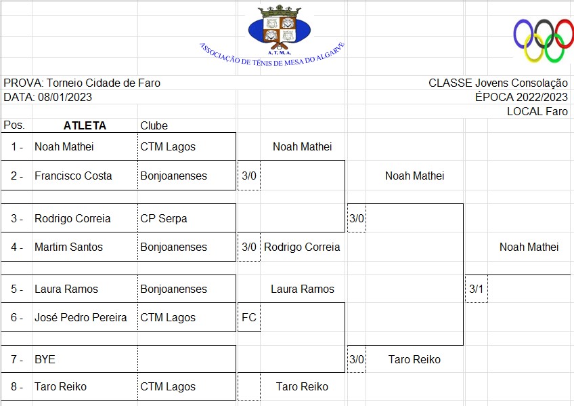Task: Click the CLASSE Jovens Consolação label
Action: (498, 83)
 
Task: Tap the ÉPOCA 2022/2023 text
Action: (521, 97)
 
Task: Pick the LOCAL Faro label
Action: (537, 111)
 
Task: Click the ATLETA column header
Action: (85, 125)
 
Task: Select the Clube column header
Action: (154, 125)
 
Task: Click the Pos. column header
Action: (14, 125)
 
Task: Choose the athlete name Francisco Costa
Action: (73, 176)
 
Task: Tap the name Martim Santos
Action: (68, 247)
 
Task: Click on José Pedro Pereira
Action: (81, 317)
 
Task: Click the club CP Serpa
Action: (163, 218)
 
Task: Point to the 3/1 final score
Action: (476, 289)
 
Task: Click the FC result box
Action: (249, 317)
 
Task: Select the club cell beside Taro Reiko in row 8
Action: (167, 386)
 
